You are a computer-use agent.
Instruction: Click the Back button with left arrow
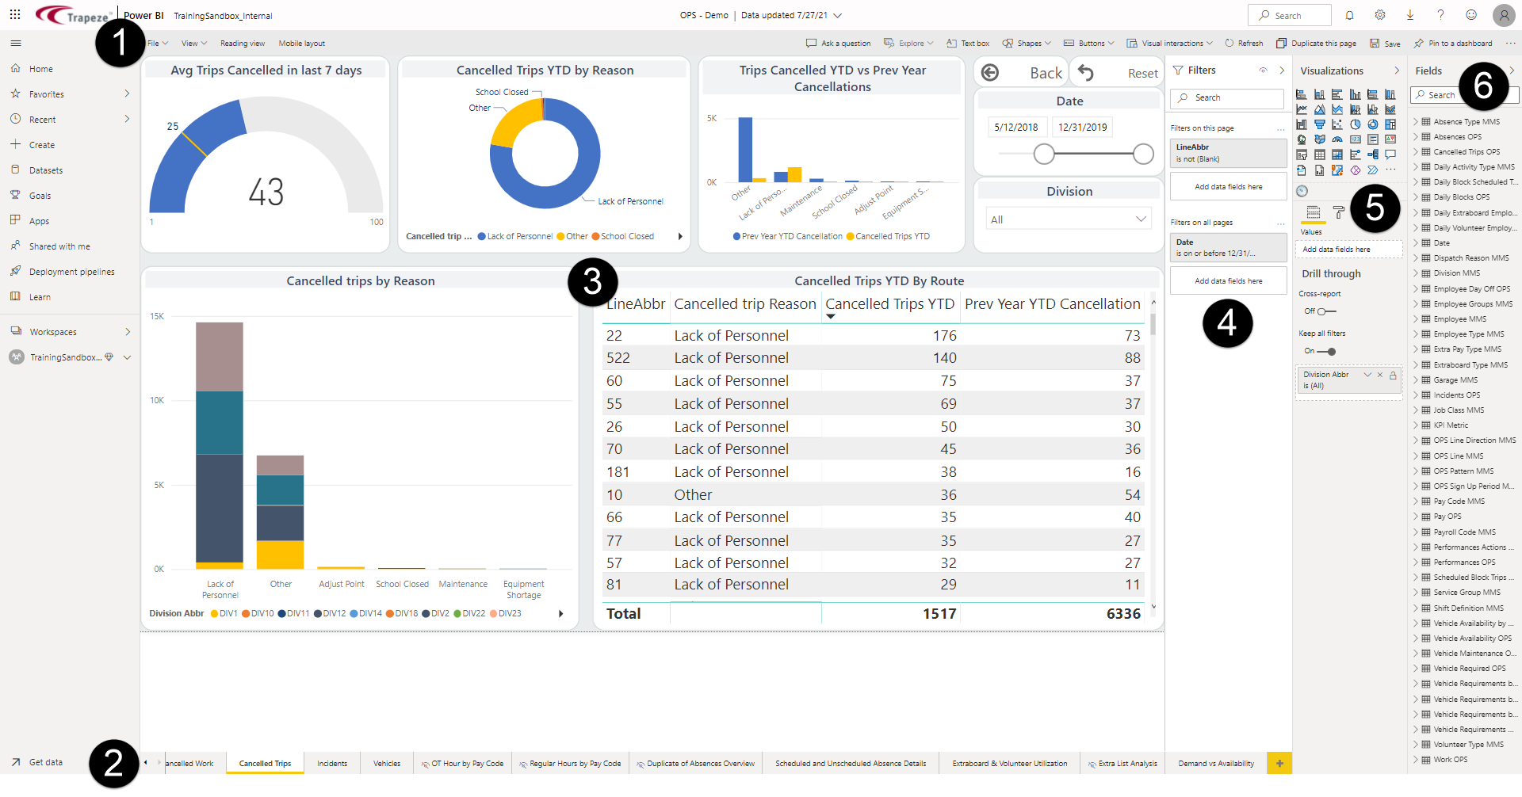tap(1021, 73)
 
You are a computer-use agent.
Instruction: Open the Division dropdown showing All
tap(1069, 219)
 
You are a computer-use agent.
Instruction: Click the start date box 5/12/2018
tap(1016, 127)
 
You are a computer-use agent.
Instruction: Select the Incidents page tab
tap(332, 764)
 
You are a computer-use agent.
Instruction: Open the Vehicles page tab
tap(387, 764)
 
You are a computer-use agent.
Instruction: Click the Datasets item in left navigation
tap(46, 170)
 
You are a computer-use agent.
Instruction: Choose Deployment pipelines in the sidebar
tap(71, 272)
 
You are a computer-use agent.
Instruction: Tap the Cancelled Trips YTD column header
tap(889, 304)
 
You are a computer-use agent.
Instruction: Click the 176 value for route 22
tap(944, 336)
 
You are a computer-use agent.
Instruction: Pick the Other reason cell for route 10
tap(693, 495)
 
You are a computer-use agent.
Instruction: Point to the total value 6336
tap(1123, 614)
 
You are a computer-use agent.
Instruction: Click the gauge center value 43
tap(266, 193)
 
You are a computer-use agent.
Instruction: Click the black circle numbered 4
tap(1227, 322)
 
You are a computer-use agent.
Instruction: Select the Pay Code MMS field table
tap(1459, 501)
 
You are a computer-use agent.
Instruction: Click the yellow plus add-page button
tap(1279, 764)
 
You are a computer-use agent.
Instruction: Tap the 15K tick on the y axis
tap(157, 316)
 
